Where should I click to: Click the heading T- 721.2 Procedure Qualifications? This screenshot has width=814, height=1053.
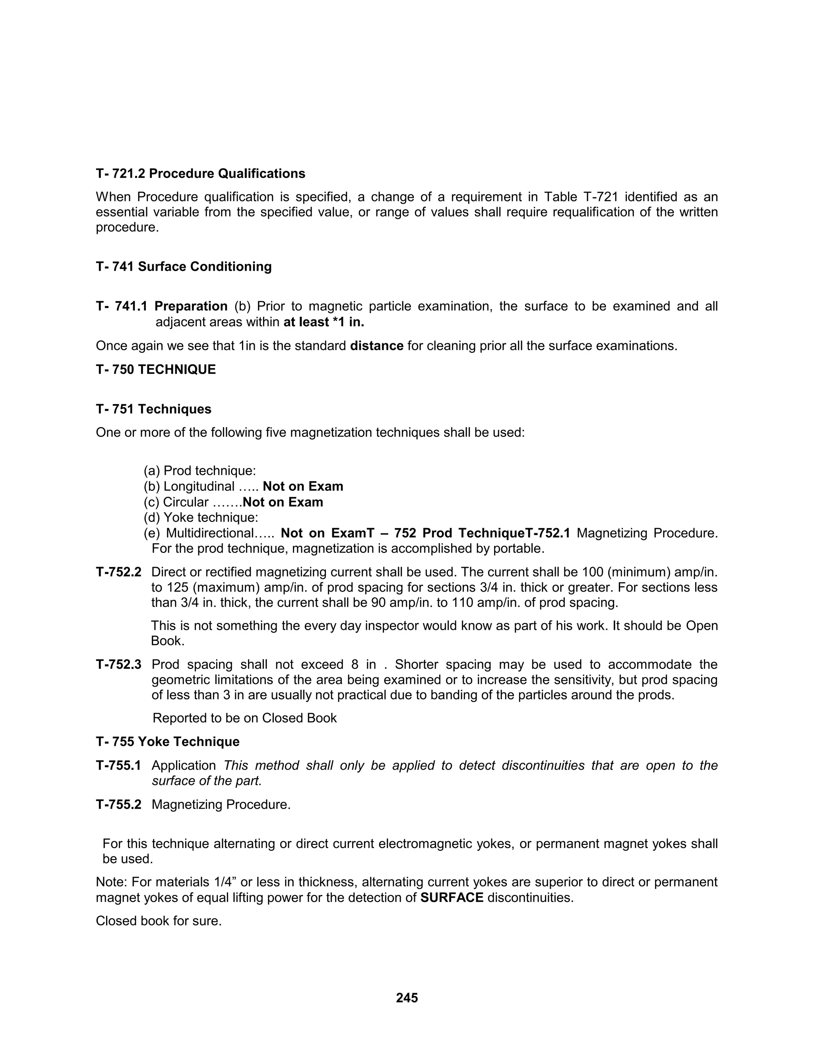[200, 174]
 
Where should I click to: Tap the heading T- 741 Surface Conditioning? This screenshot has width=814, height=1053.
[183, 267]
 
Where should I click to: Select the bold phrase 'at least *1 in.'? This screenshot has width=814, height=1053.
[324, 322]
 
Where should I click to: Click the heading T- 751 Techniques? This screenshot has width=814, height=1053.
[153, 409]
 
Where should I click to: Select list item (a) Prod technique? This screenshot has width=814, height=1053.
[200, 470]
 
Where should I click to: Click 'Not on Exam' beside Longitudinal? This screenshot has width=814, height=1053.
[303, 486]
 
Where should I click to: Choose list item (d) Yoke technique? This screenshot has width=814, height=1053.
[201, 517]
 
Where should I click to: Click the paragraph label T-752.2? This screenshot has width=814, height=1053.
[118, 572]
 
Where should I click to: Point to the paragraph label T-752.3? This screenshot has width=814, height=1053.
[118, 664]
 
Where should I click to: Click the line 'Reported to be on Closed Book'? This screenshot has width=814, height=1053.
[244, 718]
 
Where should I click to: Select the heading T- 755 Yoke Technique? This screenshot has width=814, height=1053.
[167, 741]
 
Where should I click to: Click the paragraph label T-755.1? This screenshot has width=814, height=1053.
[118, 765]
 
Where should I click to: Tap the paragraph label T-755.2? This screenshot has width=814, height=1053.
[118, 805]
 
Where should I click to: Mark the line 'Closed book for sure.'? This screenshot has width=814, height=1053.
[159, 921]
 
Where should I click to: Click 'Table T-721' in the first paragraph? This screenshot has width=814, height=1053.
[581, 197]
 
